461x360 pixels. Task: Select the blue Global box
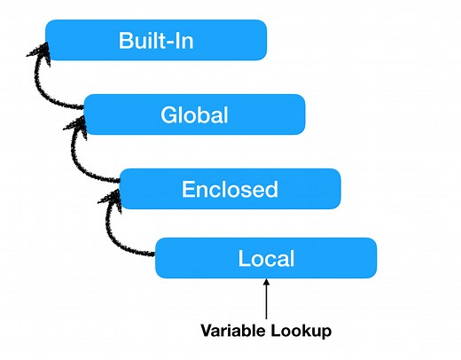(x=195, y=114)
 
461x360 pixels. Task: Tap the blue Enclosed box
(x=230, y=188)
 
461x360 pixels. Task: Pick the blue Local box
(x=266, y=259)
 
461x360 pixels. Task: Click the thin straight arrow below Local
(x=266, y=297)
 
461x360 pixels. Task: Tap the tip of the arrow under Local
(x=266, y=282)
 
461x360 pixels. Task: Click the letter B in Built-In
(x=126, y=41)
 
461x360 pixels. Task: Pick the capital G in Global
(x=169, y=114)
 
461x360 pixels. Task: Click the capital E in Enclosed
(x=188, y=188)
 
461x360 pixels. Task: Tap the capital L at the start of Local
(x=245, y=259)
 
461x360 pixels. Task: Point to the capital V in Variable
(x=206, y=332)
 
